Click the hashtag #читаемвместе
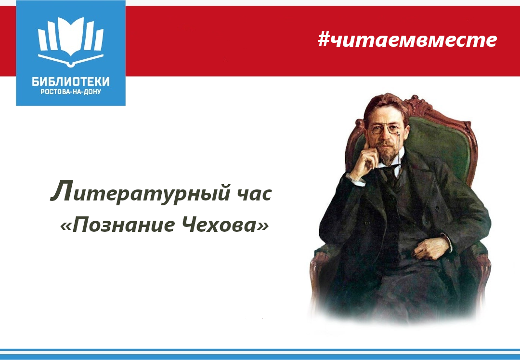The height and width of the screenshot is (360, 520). [x=407, y=40]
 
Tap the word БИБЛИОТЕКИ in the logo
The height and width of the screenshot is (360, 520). [x=71, y=81]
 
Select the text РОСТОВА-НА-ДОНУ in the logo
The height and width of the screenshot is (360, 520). [x=71, y=92]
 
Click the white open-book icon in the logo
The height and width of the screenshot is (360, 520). [x=71, y=41]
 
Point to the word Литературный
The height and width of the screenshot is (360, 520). [x=140, y=192]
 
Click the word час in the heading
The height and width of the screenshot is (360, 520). [x=255, y=194]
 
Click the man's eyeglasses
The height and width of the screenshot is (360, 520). [x=385, y=130]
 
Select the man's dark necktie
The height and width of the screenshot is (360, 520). [x=391, y=175]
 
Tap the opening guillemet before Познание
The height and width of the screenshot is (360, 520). [x=65, y=227]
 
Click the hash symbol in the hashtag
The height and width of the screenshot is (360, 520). [x=324, y=40]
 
